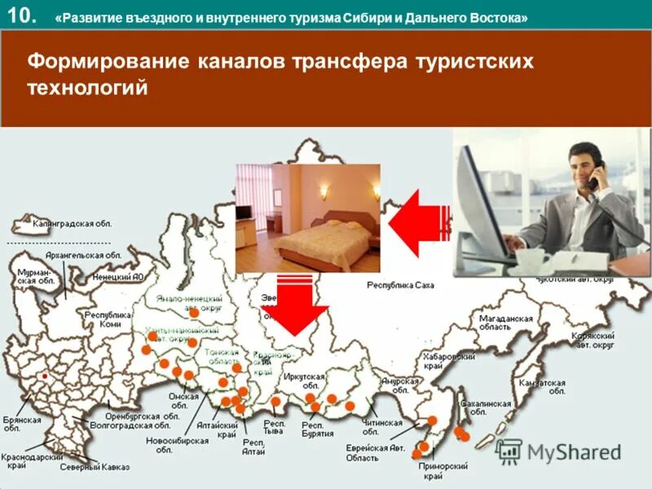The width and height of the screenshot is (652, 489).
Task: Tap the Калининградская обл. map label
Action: tap(72, 222)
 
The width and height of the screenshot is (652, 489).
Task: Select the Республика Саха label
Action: tap(400, 285)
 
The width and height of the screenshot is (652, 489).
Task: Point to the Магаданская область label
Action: tap(505, 323)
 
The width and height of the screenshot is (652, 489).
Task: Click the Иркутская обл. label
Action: tap(304, 381)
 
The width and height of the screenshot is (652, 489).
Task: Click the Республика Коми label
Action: tap(108, 319)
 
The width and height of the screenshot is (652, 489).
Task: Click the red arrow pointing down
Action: tap(296, 308)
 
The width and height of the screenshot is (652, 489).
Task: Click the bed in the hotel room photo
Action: tap(326, 236)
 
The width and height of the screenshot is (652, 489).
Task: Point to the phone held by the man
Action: tap(593, 179)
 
